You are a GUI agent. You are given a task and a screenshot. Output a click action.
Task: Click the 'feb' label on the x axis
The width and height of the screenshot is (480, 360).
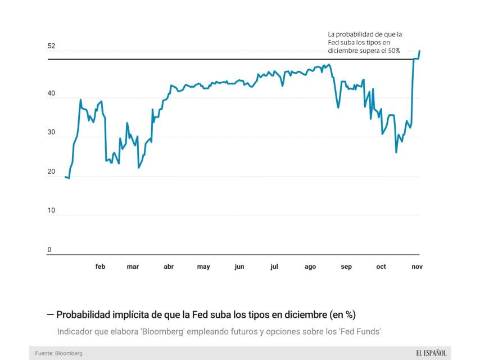pos(100,267)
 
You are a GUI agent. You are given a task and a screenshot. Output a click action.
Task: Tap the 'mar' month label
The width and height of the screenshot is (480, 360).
pos(133,267)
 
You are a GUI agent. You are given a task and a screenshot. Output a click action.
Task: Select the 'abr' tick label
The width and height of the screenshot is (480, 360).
pos(169,267)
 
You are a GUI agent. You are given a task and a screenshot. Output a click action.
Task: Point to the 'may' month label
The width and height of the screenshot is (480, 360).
pos(203,267)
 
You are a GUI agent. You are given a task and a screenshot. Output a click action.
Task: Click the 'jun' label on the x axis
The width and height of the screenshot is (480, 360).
pos(239,267)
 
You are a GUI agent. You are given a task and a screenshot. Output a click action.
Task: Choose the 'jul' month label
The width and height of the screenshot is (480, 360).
pos(274,267)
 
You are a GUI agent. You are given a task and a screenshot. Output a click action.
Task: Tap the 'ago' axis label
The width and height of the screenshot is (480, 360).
pos(310,267)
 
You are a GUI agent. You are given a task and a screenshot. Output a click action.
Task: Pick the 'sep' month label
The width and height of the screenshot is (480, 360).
pos(346,267)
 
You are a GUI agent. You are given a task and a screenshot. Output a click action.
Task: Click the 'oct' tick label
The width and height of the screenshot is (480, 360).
pos(381,267)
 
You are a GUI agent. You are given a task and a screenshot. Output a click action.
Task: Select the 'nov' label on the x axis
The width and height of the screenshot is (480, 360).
pos(416,267)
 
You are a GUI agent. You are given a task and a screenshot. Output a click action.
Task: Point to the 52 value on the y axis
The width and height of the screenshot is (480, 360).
pos(51,46)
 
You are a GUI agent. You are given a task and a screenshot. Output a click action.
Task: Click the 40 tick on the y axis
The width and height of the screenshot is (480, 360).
pos(51,94)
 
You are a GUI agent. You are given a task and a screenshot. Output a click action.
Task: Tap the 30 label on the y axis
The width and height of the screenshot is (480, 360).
pos(51,133)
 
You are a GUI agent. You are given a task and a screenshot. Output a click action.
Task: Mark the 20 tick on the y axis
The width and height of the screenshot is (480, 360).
pos(51,172)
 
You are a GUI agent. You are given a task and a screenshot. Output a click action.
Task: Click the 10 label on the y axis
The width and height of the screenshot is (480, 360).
pos(51,210)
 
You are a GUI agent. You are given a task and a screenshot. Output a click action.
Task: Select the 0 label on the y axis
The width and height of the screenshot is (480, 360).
pos(49,250)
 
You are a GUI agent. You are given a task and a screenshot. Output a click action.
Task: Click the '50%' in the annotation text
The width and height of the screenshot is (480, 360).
pos(392,51)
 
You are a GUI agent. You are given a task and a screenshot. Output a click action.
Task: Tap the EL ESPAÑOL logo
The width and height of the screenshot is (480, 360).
pos(431,353)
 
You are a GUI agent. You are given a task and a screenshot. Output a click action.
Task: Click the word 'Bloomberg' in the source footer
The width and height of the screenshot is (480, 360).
pos(69,353)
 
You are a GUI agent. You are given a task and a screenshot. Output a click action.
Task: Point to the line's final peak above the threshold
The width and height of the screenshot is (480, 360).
pos(419,51)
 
